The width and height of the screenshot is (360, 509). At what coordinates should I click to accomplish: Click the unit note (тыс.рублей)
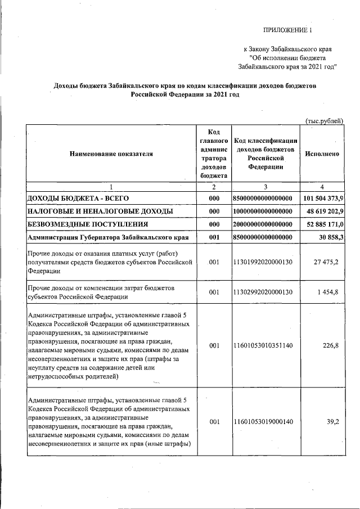point(324,121)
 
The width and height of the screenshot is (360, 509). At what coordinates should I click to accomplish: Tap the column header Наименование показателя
point(111,153)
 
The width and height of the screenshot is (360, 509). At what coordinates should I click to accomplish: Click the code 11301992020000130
point(265,262)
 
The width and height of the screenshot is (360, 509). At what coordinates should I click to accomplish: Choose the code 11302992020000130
point(265,292)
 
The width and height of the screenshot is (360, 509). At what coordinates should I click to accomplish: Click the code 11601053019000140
point(265,421)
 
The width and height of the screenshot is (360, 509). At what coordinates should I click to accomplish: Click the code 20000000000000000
point(265,224)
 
